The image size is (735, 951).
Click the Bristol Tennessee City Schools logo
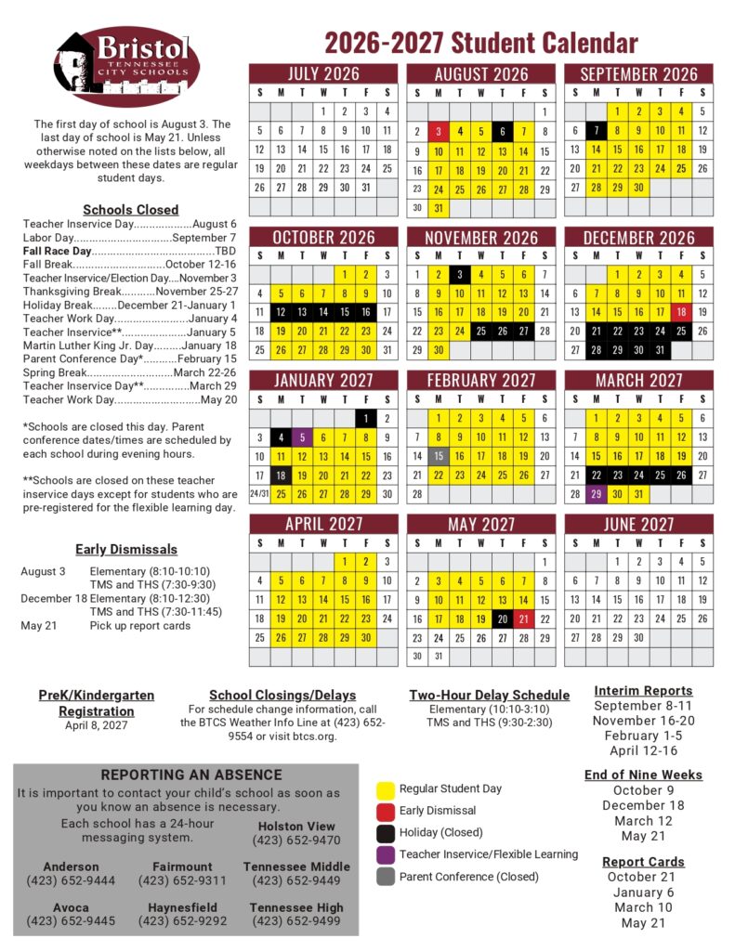pos(126,67)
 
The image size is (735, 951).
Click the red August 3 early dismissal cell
pos(439,131)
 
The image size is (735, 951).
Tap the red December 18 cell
pos(681,312)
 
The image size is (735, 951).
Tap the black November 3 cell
pos(460,274)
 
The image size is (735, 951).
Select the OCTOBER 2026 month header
pos(323,238)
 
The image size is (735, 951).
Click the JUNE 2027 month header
pos(638,525)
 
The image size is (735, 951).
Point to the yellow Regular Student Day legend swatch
pos(385,790)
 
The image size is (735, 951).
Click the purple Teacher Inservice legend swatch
pos(385,854)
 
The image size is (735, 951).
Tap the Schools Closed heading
pos(130,210)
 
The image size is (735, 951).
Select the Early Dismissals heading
pos(126,549)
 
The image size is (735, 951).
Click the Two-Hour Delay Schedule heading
pos(489,695)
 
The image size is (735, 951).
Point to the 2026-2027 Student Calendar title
pos(480,43)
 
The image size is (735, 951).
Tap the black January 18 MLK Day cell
pos(282,475)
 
